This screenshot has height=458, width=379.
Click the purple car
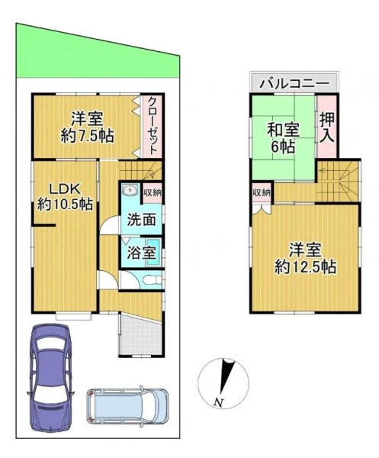(50, 379)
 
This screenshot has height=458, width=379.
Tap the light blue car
(127, 406)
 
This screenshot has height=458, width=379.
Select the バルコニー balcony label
(294, 84)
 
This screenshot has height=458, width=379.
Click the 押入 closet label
(326, 127)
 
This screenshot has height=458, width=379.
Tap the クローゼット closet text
(153, 126)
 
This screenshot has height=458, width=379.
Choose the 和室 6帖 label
(284, 138)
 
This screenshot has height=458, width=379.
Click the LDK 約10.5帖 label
(65, 197)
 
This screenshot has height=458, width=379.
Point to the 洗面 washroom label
(141, 220)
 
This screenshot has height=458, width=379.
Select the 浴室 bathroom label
(141, 253)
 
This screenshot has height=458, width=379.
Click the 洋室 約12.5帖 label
(306, 258)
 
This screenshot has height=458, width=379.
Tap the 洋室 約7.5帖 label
(87, 127)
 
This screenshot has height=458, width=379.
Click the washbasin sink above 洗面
(130, 191)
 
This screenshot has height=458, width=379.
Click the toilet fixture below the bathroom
(153, 281)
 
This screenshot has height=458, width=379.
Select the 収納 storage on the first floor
(153, 193)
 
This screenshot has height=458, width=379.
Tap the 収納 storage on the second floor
(262, 193)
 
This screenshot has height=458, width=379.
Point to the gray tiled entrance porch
(140, 334)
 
